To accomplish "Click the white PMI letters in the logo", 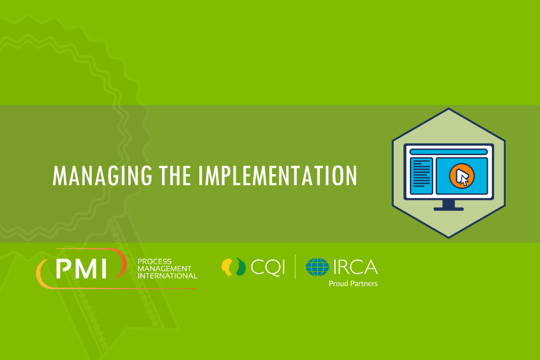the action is point(81,269).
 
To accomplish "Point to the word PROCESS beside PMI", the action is point(154,261).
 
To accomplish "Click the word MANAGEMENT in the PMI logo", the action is point(164,269).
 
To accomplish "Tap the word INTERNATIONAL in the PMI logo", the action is point(167,276).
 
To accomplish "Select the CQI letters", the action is point(268,267).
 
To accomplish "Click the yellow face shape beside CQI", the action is point(227,267).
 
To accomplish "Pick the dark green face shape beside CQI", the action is point(241,267).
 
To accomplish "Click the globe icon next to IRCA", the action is point(317,267).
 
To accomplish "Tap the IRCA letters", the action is point(355,267).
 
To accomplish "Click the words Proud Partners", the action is point(353,283).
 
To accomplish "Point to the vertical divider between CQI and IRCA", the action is point(295,267).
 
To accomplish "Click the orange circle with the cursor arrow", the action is point(462,176).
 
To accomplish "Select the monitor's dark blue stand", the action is point(448,206).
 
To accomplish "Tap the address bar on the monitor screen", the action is point(448,152).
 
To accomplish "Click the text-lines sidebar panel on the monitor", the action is point(421,176).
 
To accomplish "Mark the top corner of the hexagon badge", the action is point(448,108).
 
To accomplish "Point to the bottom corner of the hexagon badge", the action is point(448,237).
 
